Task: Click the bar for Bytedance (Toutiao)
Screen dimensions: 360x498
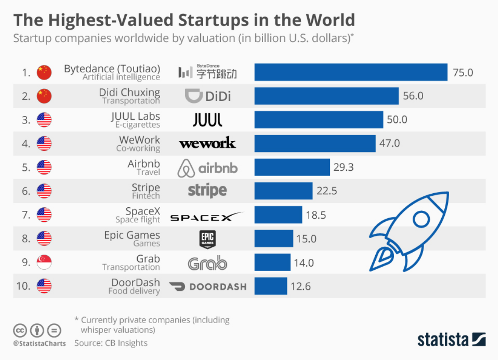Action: pyautogui.click(x=351, y=72)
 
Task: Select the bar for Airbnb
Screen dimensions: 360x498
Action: pyautogui.click(x=292, y=167)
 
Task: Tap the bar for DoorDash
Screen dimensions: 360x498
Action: pyautogui.click(x=271, y=286)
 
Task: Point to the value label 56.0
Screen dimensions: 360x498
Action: pyautogui.click(x=413, y=96)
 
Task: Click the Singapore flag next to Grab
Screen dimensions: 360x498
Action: pyautogui.click(x=44, y=262)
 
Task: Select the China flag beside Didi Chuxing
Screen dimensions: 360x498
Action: pyautogui.click(x=44, y=96)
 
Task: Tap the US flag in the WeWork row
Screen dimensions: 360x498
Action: pyautogui.click(x=44, y=143)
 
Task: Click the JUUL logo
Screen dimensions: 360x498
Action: pyautogui.click(x=208, y=120)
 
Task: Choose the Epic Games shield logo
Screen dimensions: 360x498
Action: pyautogui.click(x=208, y=239)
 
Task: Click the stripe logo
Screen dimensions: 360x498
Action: pyautogui.click(x=207, y=191)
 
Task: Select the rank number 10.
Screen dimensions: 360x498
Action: pyautogui.click(x=23, y=286)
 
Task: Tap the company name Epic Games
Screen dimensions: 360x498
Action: pyautogui.click(x=132, y=235)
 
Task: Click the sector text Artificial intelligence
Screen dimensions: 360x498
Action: pyautogui.click(x=121, y=77)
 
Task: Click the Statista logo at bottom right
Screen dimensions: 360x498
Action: pyautogui.click(x=451, y=339)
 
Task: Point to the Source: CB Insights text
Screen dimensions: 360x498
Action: pyautogui.click(x=111, y=343)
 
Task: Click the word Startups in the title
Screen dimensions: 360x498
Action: pyautogui.click(x=211, y=20)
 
